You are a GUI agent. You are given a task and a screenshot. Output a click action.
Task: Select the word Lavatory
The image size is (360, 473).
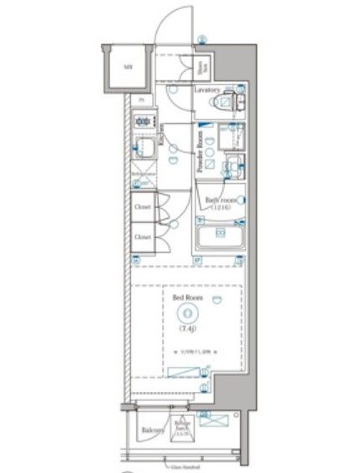pos(207,89)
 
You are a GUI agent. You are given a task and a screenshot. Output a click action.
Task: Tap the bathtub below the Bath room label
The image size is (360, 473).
pos(221,239)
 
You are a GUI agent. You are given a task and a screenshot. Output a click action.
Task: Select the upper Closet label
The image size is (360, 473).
pos(143,208)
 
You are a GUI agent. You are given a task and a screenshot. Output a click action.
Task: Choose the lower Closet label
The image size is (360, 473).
pos(143,237)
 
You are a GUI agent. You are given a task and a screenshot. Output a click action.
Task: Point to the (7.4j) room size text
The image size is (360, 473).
pos(186,329)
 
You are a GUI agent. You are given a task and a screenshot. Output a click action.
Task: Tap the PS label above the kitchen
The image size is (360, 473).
pos(141,99)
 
